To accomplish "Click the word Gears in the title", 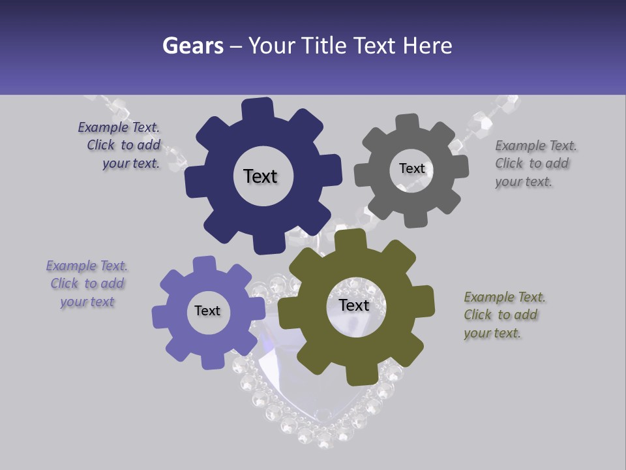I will [192, 46].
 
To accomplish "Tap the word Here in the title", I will [428, 46].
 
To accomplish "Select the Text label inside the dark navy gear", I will [260, 176].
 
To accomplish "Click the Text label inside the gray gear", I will [411, 168].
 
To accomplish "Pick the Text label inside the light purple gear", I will [207, 311].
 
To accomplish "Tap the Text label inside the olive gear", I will [354, 305].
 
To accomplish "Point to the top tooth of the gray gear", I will [408, 122].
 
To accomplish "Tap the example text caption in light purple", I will [87, 283].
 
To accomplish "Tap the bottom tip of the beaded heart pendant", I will [324, 444].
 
